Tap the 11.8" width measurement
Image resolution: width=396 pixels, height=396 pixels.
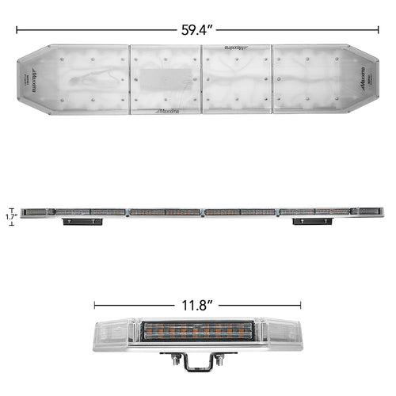(197, 303)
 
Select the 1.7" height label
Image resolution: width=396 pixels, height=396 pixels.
(10, 214)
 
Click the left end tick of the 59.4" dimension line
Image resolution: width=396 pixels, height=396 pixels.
(17, 30)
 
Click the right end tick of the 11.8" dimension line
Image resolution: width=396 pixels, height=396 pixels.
(301, 304)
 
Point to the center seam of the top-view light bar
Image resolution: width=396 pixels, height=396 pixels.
(201, 79)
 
